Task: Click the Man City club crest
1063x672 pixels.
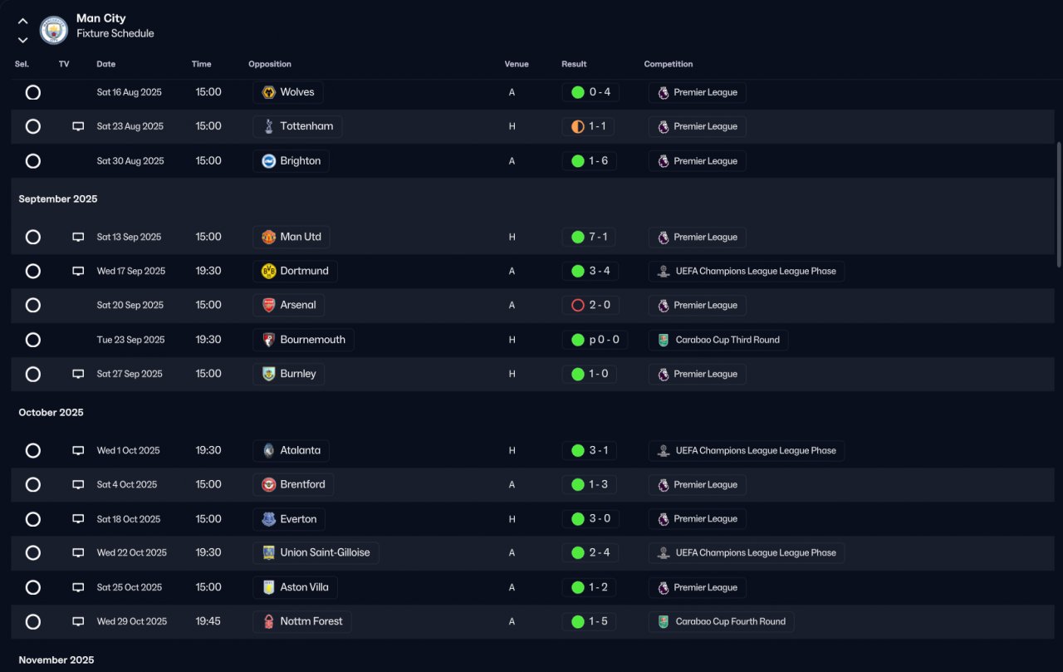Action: click(54, 31)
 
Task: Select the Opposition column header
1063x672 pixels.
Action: click(270, 64)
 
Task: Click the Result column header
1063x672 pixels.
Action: click(574, 64)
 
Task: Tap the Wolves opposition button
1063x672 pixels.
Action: click(288, 92)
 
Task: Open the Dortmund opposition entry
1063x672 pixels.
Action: click(295, 271)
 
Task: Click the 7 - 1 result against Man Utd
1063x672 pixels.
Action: click(590, 237)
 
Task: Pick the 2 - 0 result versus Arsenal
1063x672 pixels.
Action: click(590, 305)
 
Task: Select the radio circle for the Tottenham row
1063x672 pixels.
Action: click(33, 126)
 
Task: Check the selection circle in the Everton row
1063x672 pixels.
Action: click(33, 519)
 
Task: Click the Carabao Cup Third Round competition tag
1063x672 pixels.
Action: click(718, 340)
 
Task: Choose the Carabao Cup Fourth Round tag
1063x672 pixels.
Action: click(721, 621)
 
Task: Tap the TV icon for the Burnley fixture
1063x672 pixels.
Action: click(78, 374)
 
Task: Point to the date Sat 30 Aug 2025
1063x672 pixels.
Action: click(130, 161)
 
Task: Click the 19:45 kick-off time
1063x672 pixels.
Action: click(208, 621)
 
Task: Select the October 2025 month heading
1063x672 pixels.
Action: click(51, 413)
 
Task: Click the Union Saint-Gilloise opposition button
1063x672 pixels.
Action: click(316, 552)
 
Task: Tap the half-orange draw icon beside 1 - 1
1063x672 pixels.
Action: click(578, 126)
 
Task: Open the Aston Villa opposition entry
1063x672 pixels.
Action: click(295, 587)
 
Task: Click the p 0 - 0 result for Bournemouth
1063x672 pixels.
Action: click(595, 340)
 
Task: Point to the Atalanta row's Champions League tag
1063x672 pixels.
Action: click(746, 450)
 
